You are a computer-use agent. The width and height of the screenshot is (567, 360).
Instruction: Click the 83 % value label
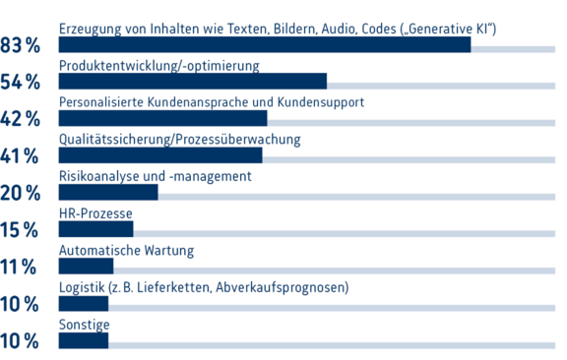coord(21,45)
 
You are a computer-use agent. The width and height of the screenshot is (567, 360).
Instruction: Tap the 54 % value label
coord(21,83)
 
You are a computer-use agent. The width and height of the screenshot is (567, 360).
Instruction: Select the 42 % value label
coord(21,119)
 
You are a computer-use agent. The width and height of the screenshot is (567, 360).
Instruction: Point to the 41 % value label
coord(21,156)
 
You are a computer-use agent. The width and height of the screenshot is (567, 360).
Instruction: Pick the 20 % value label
coord(21,194)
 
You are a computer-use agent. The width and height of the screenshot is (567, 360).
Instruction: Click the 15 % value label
coord(21,230)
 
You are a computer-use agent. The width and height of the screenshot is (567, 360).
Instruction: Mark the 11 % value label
coord(21,268)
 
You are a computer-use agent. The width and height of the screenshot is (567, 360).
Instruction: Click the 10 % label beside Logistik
coord(21,305)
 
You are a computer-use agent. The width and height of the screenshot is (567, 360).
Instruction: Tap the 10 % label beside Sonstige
coord(21,341)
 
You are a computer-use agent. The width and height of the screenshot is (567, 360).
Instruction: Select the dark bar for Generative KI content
coord(265,44)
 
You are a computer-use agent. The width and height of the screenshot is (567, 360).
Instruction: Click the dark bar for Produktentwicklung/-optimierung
coord(193,82)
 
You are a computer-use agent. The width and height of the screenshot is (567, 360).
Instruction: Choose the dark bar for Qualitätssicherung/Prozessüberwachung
coord(160,155)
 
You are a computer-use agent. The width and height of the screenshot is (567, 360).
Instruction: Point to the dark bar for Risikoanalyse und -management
coord(108,193)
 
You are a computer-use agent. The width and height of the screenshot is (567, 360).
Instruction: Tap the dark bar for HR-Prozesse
coord(95,229)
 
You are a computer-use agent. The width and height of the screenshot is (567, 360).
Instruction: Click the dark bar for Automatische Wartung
coord(86,267)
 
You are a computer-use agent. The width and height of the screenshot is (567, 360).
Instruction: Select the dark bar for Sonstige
coord(84,340)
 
